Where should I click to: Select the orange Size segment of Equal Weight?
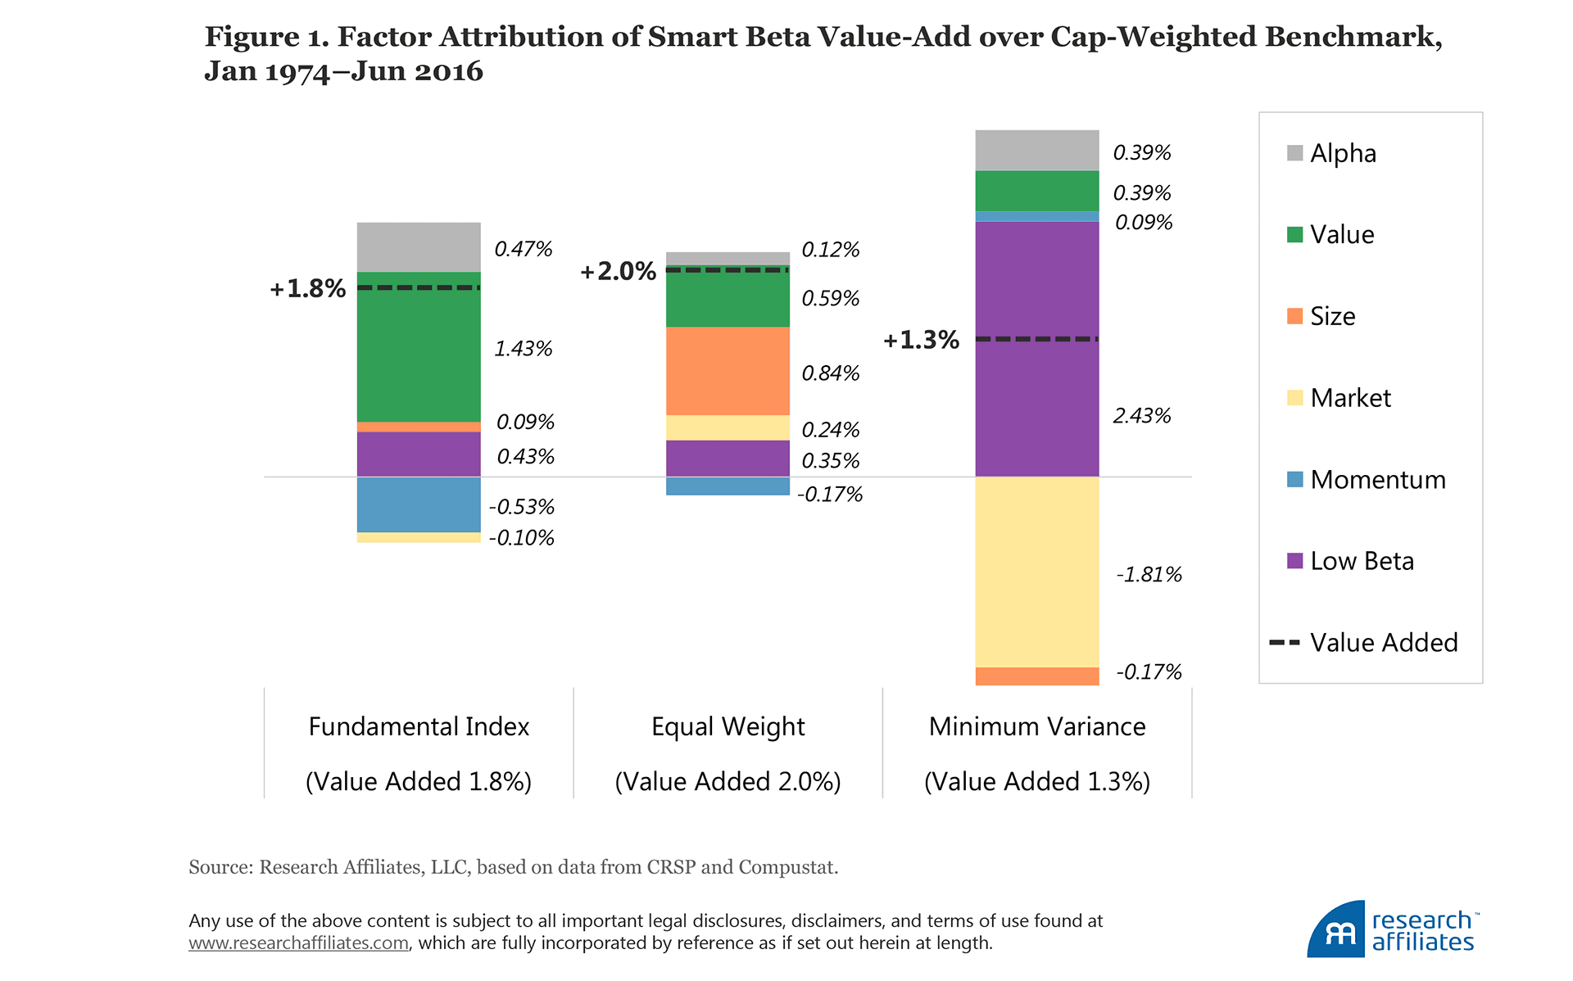(x=728, y=371)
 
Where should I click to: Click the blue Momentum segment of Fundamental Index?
(x=419, y=504)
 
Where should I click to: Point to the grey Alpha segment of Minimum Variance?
(x=1036, y=150)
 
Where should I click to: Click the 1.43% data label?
(x=523, y=349)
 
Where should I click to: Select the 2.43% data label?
(x=1141, y=416)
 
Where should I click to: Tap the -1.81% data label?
(x=1149, y=575)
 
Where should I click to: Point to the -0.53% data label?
(x=521, y=507)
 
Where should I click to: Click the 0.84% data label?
(x=830, y=373)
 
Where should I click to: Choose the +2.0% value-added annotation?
(x=618, y=271)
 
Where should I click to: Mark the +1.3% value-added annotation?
(x=921, y=340)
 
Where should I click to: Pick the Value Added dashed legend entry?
(x=1364, y=642)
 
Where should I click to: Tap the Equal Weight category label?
(x=728, y=726)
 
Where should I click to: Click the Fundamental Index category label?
(x=419, y=726)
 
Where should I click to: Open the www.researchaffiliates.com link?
(x=298, y=943)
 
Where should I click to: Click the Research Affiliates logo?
(x=1393, y=930)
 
